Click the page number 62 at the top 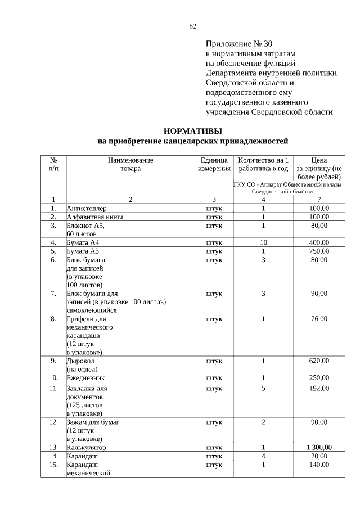pos(193,26)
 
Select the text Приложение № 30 pos(239,43)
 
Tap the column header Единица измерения pos(214,164)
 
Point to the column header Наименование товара pos(130,164)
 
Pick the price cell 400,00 pos(319,242)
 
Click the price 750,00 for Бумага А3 pos(319,251)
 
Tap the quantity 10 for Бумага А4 pos(263,242)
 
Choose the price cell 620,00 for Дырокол pos(319,361)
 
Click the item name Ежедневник pos(86,378)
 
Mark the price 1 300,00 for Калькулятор pos(319,448)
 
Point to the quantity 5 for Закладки pos(263,388)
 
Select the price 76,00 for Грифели pos(319,319)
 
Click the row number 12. pos(53,421)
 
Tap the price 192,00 pos(319,388)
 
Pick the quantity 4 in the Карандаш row pos(263,456)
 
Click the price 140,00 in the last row pos(319,465)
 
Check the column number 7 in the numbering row pos(319,200)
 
